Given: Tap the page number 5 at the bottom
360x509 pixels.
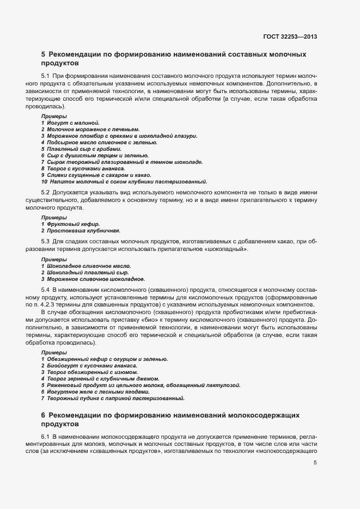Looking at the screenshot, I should pyautogui.click(x=315, y=463).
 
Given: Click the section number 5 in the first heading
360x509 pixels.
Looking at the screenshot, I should pyautogui.click(x=44, y=54).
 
